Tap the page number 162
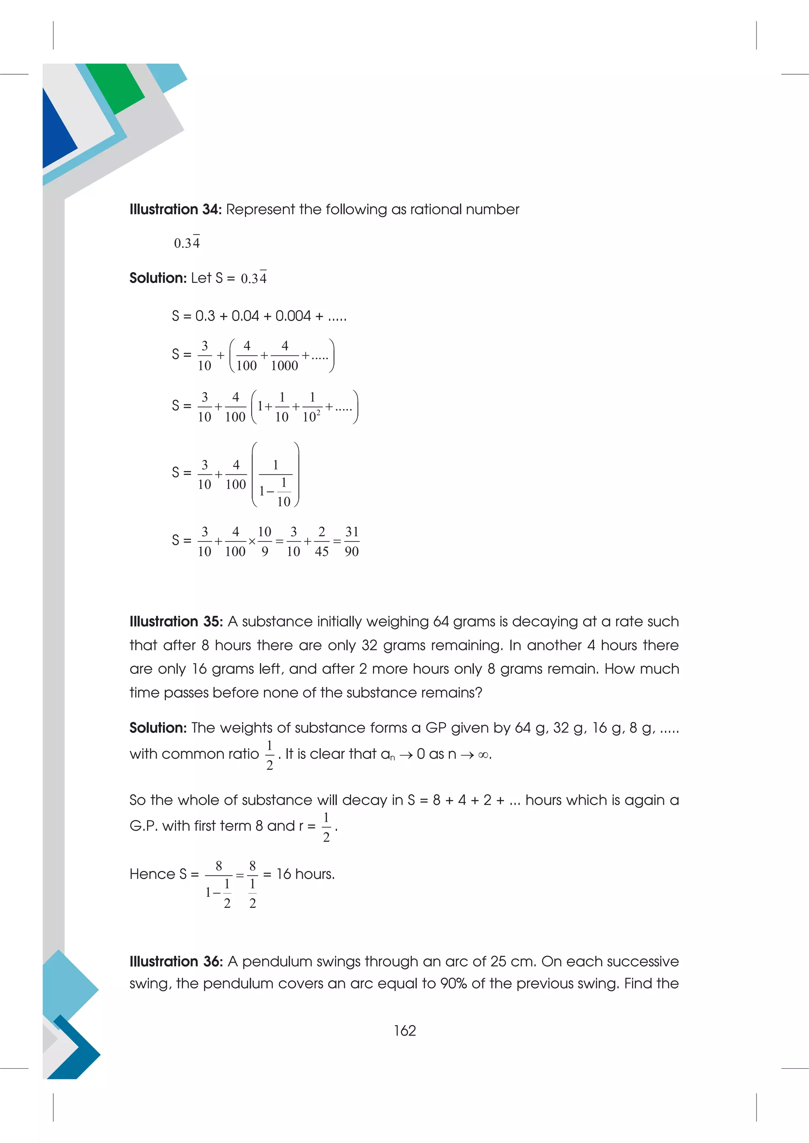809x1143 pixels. (x=404, y=1030)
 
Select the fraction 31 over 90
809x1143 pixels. (x=352, y=541)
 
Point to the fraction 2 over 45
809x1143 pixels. (x=322, y=541)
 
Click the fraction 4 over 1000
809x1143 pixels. (x=284, y=355)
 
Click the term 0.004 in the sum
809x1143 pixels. (x=293, y=316)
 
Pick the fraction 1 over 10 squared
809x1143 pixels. (x=312, y=407)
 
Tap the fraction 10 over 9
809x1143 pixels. (x=265, y=541)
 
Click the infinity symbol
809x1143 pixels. (x=483, y=755)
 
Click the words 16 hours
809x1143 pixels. (x=305, y=874)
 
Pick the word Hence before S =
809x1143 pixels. (x=152, y=874)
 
